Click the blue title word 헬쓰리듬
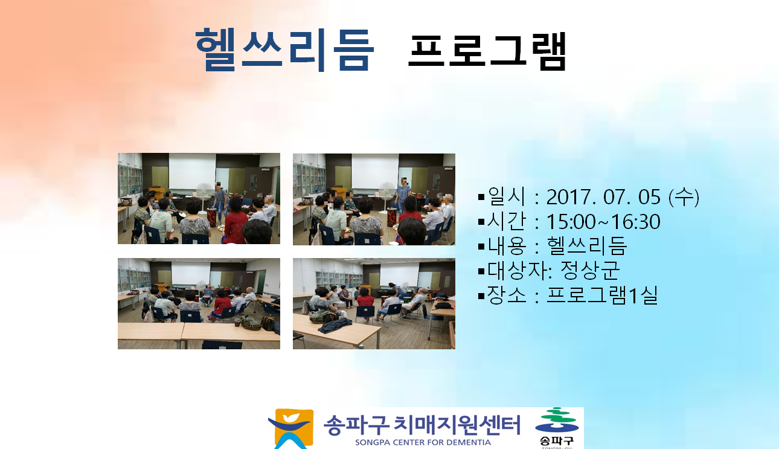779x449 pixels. [284, 50]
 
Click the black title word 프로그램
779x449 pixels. [487, 51]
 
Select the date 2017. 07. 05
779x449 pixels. [603, 197]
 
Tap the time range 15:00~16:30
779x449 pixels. [603, 222]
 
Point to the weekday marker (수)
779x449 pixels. [684, 197]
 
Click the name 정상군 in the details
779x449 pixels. [590, 270]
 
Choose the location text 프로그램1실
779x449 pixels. [602, 295]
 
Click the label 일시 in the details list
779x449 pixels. [506, 196]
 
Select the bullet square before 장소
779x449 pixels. [481, 296]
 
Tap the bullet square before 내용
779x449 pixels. [481, 247]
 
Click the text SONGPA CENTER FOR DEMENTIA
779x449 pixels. [423, 442]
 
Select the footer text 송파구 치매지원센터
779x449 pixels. [422, 425]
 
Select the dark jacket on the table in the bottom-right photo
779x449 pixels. [335, 326]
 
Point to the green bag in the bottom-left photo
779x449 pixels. [251, 322]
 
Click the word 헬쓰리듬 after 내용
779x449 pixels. [587, 246]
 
